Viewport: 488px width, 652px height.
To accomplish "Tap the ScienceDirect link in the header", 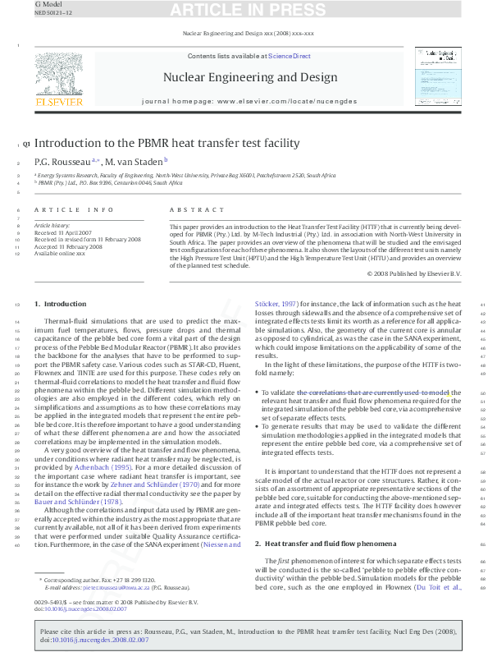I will click(290, 56).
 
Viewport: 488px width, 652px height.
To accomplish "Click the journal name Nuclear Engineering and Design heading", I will click(250, 78).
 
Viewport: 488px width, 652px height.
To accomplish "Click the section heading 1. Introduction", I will click(58, 305).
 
